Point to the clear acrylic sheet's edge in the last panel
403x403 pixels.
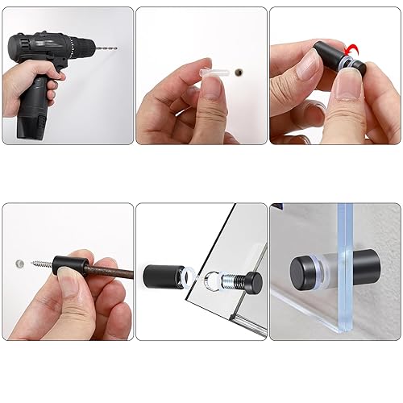pos(345,266)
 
